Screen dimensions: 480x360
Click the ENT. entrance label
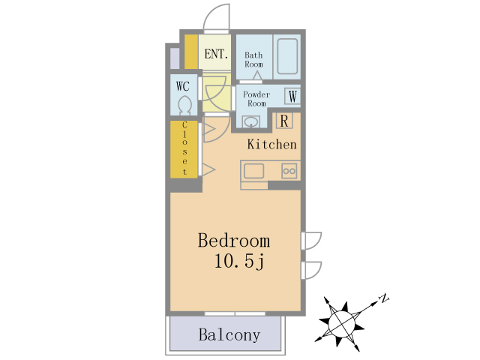(x=216, y=54)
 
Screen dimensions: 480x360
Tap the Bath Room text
(x=253, y=60)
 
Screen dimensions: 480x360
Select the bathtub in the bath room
(x=287, y=56)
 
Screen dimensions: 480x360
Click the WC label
(x=183, y=86)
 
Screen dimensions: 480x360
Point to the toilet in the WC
(x=184, y=105)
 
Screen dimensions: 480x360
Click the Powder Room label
(x=256, y=99)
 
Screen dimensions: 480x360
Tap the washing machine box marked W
(x=292, y=97)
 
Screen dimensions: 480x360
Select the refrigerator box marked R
(x=284, y=121)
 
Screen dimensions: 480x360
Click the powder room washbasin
(x=251, y=121)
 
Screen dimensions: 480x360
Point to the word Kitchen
(x=271, y=145)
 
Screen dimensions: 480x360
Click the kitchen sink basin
(x=253, y=171)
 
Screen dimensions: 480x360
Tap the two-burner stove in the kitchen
(x=289, y=171)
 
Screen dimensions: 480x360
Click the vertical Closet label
(x=184, y=148)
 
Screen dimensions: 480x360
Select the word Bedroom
(x=234, y=241)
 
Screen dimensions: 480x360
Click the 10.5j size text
(x=239, y=262)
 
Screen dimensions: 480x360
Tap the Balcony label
(x=229, y=335)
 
